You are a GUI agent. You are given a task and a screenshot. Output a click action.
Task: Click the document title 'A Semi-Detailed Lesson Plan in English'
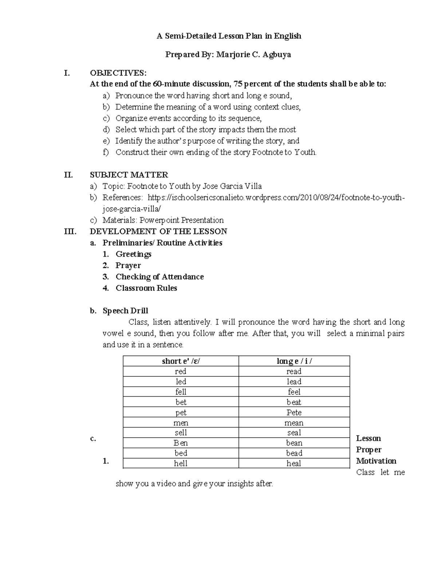(x=229, y=36)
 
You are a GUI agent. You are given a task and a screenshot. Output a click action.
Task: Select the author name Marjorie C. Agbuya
(x=253, y=55)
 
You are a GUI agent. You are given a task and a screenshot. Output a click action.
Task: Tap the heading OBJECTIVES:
(x=118, y=73)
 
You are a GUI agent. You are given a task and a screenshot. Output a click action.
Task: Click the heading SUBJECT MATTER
(x=129, y=175)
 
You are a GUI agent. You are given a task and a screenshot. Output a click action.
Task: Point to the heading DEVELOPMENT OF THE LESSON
(x=158, y=231)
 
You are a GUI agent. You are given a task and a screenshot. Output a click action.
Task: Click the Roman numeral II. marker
(x=68, y=175)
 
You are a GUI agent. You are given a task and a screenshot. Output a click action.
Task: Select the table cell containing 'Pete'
(x=294, y=413)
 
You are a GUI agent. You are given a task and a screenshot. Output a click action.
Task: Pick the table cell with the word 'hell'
(x=181, y=464)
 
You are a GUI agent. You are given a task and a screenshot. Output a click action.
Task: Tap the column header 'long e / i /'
(x=294, y=361)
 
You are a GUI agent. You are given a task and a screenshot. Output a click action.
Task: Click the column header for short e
(x=181, y=361)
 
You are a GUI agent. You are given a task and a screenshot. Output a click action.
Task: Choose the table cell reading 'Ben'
(x=181, y=443)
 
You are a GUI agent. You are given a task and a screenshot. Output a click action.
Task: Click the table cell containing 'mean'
(x=294, y=423)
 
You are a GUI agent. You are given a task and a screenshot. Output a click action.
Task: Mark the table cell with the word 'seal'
(x=294, y=433)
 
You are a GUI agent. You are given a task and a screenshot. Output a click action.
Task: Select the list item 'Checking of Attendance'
(x=160, y=277)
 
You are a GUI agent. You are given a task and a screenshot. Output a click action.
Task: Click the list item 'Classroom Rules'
(x=146, y=288)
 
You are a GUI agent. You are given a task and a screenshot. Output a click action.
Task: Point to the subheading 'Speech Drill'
(x=125, y=311)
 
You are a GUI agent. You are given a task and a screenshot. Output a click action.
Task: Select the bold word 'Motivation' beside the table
(x=376, y=461)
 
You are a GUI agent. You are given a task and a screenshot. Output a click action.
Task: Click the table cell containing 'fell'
(x=181, y=392)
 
